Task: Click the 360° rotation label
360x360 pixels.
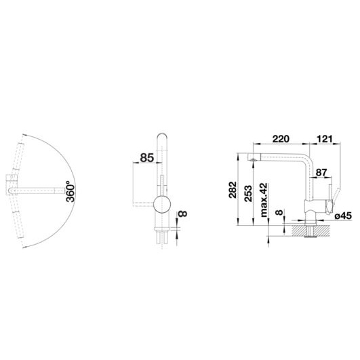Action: click(x=71, y=191)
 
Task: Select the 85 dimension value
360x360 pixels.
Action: click(x=146, y=158)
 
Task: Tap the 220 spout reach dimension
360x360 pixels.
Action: click(x=281, y=139)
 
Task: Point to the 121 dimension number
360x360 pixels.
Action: click(x=325, y=139)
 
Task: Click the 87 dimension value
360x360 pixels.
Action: click(x=321, y=172)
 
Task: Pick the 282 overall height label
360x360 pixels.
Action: click(x=233, y=189)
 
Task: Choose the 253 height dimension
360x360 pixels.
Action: click(x=248, y=193)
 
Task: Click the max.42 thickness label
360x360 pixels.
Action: click(x=264, y=200)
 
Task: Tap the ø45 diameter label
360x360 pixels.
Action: click(x=343, y=216)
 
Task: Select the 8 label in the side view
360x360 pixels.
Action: click(x=279, y=212)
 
